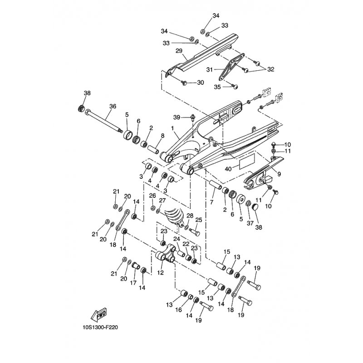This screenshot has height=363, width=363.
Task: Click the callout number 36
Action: tap(113, 107)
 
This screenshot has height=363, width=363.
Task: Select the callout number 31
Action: tap(210, 69)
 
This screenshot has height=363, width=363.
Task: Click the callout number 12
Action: tap(160, 273)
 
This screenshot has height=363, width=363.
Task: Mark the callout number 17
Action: tap(133, 282)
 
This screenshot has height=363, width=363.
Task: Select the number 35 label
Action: tap(217, 87)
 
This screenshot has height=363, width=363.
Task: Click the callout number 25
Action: tap(198, 220)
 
